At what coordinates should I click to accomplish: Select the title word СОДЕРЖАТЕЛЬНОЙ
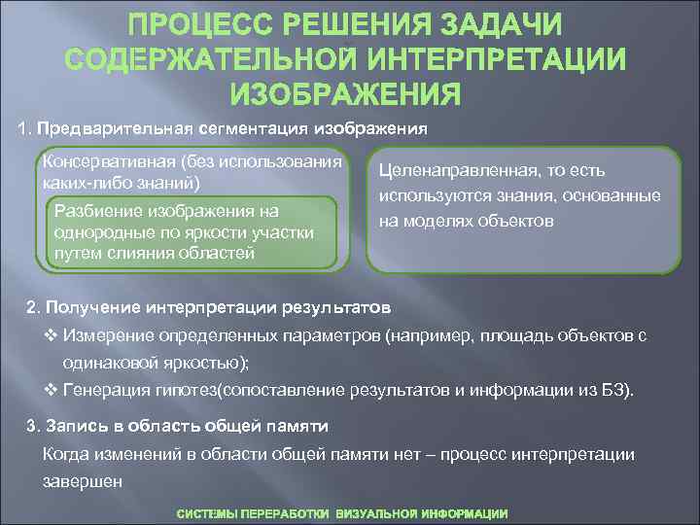tap(206, 58)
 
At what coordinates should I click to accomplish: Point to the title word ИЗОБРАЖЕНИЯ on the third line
tap(345, 94)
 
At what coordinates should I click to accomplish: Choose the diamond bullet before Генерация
tap(52, 391)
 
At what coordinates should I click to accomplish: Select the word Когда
tap(64, 454)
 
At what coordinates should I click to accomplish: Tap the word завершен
tap(84, 480)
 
